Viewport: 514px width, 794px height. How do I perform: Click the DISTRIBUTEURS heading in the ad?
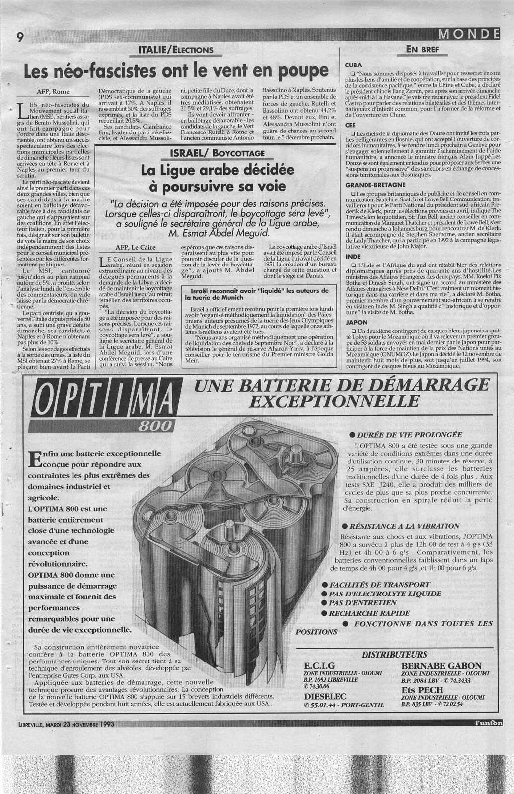(x=394, y=654)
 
